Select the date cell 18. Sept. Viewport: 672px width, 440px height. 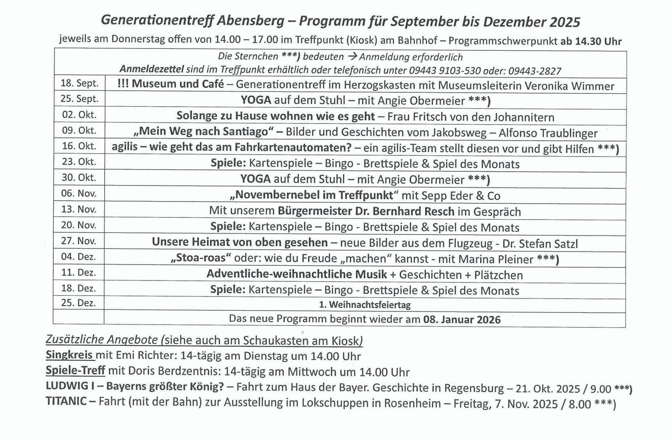(79, 83)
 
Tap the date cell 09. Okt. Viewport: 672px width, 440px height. (79, 131)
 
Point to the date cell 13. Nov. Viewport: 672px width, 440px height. (79, 209)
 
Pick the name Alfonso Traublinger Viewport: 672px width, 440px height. (548, 134)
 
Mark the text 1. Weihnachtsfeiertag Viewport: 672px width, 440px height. (365, 305)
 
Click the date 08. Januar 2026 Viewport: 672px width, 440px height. (462, 320)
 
